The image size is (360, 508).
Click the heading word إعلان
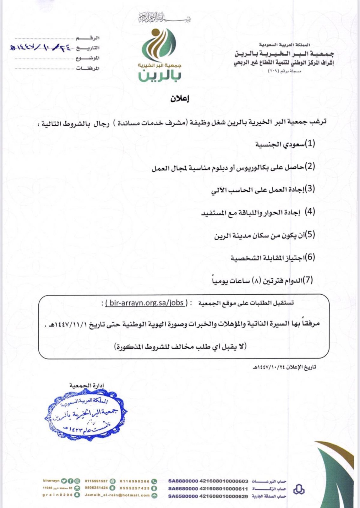click(180, 99)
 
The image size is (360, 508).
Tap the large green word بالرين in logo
click(160, 76)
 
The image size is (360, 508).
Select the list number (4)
click(310, 212)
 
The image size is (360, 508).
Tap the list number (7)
click(307, 280)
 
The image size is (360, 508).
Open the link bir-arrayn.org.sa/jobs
click(146, 303)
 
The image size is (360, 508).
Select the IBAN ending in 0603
click(208, 481)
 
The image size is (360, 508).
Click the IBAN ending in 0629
click(208, 497)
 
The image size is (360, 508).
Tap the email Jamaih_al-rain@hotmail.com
click(117, 495)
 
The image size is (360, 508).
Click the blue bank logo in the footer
click(299, 489)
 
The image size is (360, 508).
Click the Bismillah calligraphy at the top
click(164, 18)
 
